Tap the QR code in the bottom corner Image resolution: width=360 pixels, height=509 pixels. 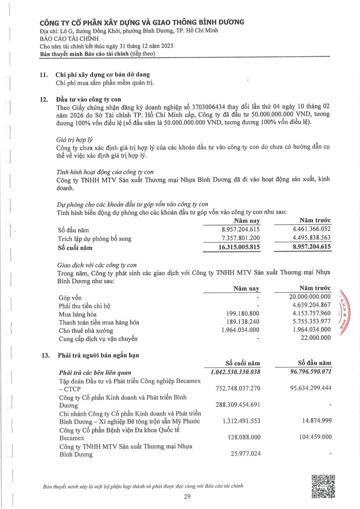tap(323, 486)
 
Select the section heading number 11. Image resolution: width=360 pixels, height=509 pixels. tap(43, 75)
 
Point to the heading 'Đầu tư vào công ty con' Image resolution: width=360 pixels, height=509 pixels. tap(88, 100)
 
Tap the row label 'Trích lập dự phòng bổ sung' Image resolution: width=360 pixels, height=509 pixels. tap(94, 239)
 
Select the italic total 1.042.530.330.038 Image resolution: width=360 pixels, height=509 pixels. tap(235, 372)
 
